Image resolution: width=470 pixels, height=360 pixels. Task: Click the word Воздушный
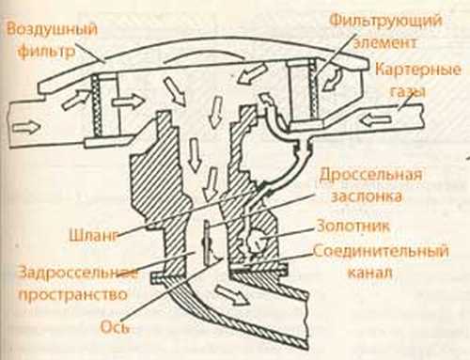coord(52,30)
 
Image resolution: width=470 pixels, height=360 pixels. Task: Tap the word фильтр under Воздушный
coord(46,51)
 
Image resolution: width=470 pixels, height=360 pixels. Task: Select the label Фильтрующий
coord(386,21)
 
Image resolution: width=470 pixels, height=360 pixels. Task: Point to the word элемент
coord(384,42)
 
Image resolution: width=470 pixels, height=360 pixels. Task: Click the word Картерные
coord(418,70)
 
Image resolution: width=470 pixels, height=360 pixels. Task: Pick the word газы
coord(408,91)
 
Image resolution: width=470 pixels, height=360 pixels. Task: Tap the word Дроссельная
coord(370,175)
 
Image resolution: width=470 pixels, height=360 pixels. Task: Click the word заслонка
coord(367,196)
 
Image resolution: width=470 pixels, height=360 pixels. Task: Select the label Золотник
coord(353,226)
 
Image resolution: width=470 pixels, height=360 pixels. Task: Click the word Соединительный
coord(381,251)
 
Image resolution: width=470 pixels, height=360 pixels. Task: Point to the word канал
coord(369,273)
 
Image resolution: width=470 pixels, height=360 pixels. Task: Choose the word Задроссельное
coord(77,273)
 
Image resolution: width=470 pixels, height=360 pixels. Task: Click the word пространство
coord(73,295)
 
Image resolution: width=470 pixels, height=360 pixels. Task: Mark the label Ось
coord(115,327)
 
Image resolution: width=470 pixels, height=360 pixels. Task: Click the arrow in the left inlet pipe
coord(27,128)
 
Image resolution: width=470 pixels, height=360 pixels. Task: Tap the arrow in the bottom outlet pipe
coord(233,295)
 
